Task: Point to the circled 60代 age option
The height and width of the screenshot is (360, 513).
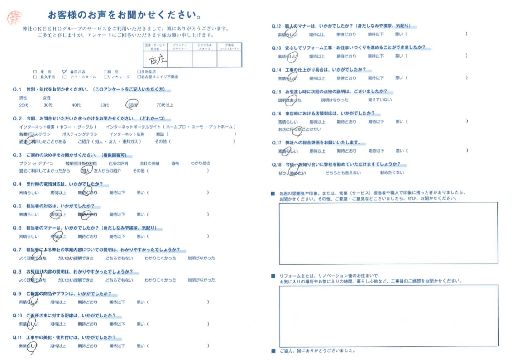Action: pyautogui.click(x=132, y=105)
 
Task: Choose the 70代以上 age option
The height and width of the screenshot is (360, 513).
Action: pyautogui.click(x=164, y=105)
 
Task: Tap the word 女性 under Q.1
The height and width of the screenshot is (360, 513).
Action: pyautogui.click(x=47, y=98)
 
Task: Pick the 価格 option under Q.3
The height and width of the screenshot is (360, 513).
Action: pyautogui.click(x=175, y=163)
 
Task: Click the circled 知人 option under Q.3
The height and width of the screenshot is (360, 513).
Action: pyautogui.click(x=85, y=171)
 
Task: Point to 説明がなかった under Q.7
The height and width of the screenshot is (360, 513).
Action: pyautogui.click(x=201, y=258)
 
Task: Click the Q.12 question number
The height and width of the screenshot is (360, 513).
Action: pyautogui.click(x=276, y=26)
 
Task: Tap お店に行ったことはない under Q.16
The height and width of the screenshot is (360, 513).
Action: pyautogui.click(x=299, y=130)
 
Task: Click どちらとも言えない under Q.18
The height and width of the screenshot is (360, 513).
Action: pyautogui.click(x=343, y=173)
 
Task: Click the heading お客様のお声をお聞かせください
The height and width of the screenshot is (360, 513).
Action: pyautogui.click(x=127, y=15)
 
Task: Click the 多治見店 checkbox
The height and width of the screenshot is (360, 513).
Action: pyautogui.click(x=139, y=72)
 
